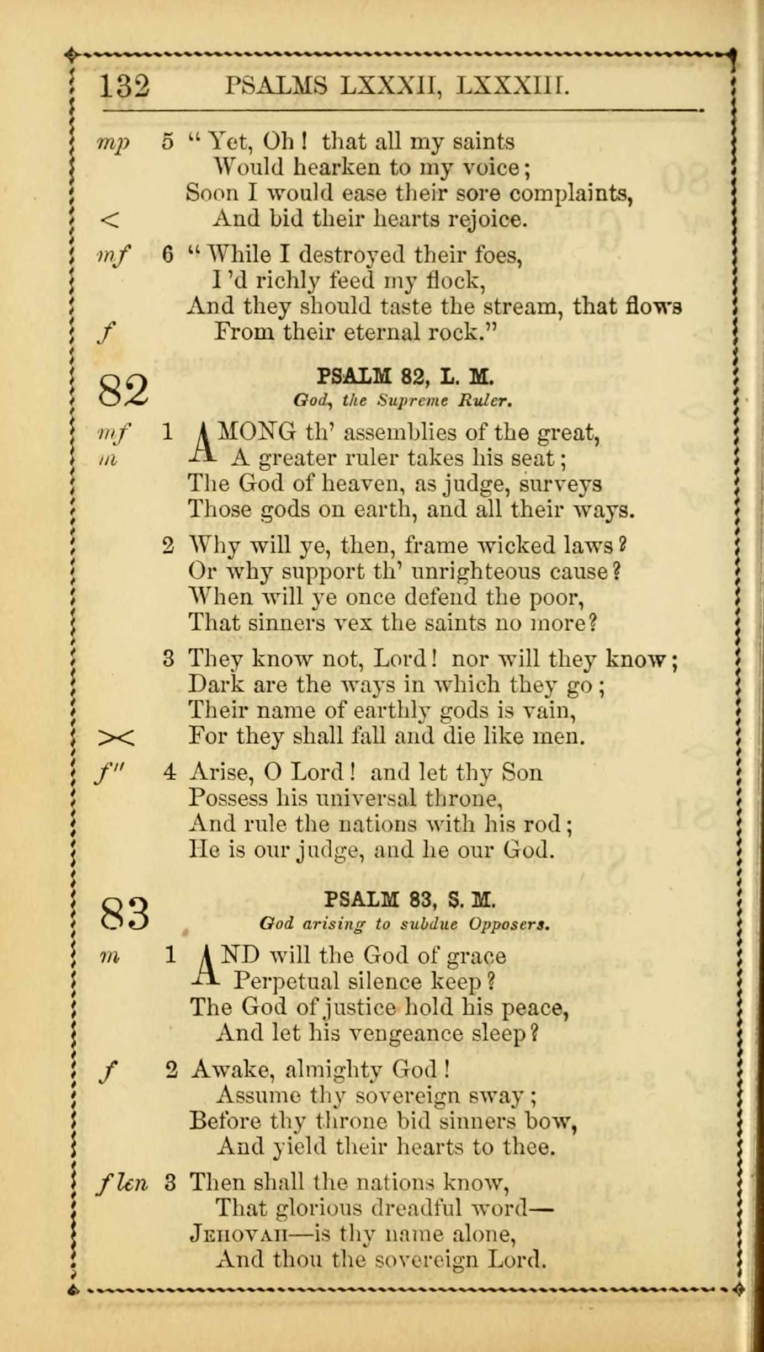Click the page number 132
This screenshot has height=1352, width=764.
pyautogui.click(x=124, y=87)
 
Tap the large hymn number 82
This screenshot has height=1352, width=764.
pyautogui.click(x=123, y=390)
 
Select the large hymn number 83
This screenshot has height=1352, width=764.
pyautogui.click(x=125, y=912)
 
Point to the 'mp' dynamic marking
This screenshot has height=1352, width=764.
pyautogui.click(x=113, y=142)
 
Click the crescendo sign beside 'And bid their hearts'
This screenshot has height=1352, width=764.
pyautogui.click(x=109, y=221)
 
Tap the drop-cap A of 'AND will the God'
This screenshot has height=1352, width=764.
pyautogui.click(x=206, y=968)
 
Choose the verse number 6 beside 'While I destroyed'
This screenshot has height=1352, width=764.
pyautogui.click(x=168, y=255)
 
